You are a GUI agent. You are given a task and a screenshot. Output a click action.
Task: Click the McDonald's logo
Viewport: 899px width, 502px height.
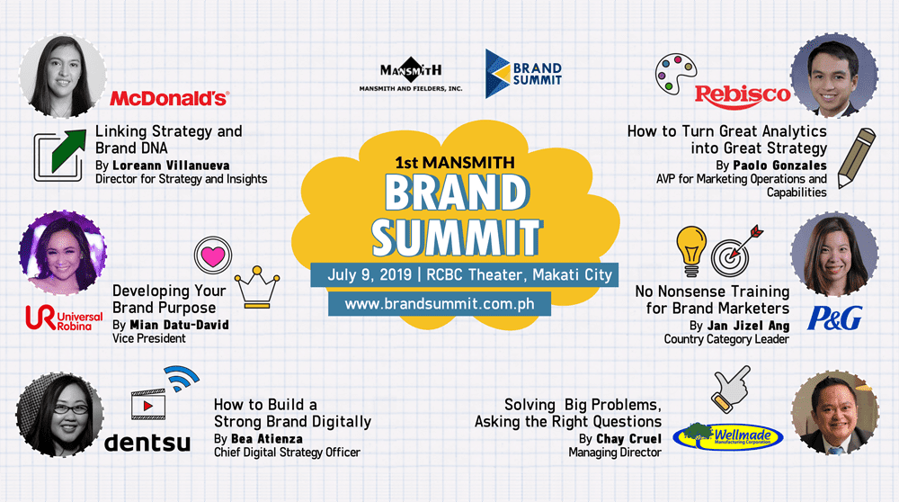coord(170,99)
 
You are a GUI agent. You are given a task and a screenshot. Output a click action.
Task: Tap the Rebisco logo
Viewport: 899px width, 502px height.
coord(743,95)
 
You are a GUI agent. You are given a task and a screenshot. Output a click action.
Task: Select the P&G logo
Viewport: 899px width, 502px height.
coord(835,318)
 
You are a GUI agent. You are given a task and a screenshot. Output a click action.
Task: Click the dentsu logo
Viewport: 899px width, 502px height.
coord(147,443)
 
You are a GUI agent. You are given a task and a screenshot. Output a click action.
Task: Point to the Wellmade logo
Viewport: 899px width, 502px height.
coord(728,436)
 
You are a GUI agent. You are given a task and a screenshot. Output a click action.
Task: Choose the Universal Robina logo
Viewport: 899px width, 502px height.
coord(64,318)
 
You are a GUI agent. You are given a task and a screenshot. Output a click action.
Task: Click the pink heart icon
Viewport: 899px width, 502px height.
coord(213,255)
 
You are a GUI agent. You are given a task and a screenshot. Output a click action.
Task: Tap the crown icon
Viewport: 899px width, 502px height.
coord(257,287)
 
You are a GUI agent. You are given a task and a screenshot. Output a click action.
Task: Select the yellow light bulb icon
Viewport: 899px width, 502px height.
coord(691,251)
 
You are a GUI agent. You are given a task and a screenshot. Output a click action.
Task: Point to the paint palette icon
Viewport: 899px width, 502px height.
coord(676,74)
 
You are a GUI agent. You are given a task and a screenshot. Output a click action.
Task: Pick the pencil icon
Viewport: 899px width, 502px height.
coord(857,158)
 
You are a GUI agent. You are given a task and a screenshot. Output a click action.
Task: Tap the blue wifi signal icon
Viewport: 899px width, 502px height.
coord(182,378)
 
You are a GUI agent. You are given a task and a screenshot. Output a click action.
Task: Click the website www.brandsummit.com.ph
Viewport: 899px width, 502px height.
coord(440,303)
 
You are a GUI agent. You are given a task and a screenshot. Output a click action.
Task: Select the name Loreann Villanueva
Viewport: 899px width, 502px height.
coord(171,166)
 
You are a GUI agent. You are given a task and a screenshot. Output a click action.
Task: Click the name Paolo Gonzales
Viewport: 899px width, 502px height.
coord(779,166)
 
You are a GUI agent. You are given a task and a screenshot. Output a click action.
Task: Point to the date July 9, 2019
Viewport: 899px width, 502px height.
coord(369,274)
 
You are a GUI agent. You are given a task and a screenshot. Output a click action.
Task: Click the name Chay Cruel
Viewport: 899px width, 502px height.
coord(629,439)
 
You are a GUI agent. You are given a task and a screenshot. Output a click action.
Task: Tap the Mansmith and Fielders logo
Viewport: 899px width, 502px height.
coord(411,75)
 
